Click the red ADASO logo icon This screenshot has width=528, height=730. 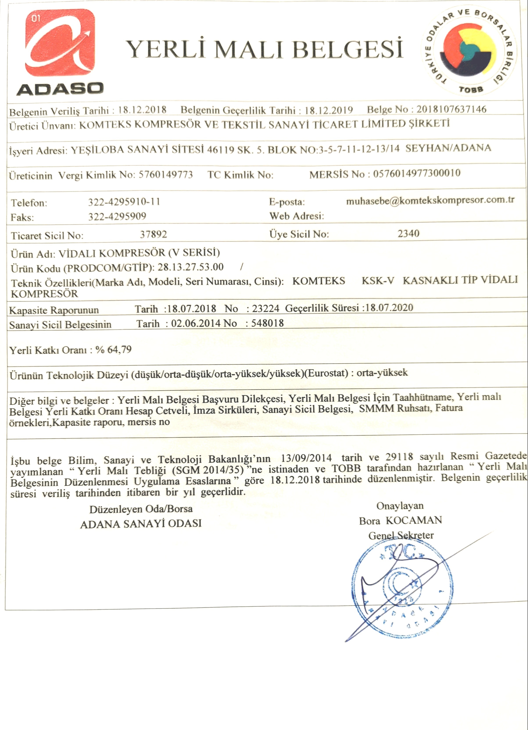point(60,43)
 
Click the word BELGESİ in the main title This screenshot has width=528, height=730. point(347,49)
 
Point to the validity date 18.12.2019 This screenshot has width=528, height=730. point(329,110)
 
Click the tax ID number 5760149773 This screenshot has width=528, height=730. point(165,175)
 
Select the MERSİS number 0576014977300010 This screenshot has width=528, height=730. point(417,173)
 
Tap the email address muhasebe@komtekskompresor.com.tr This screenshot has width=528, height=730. point(430,200)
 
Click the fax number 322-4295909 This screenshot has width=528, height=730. point(117,216)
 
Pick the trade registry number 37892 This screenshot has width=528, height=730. point(154,234)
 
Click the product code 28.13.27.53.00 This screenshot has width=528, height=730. point(190,267)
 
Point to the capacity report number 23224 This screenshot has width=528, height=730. point(265,308)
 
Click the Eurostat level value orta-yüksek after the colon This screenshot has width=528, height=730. point(382,373)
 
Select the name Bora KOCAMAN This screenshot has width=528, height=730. point(400,520)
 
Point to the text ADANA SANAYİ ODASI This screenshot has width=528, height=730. point(141,524)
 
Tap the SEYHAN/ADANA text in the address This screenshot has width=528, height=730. point(448,148)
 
